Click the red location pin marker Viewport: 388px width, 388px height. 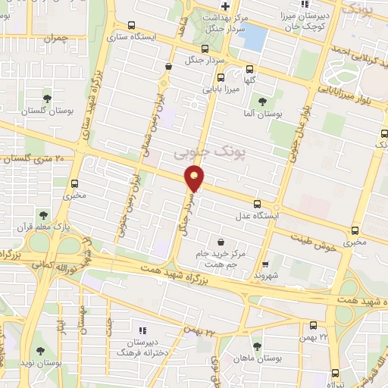(x=195, y=179)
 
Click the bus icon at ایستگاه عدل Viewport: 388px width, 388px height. (x=258, y=203)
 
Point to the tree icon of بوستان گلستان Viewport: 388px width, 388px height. (x=47, y=98)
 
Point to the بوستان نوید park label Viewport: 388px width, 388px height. (x=39, y=363)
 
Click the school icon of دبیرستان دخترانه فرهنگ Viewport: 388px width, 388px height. (x=142, y=330)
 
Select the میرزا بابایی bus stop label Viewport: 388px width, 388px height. (x=221, y=89)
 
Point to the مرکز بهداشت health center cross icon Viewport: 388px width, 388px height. (x=225, y=7)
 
